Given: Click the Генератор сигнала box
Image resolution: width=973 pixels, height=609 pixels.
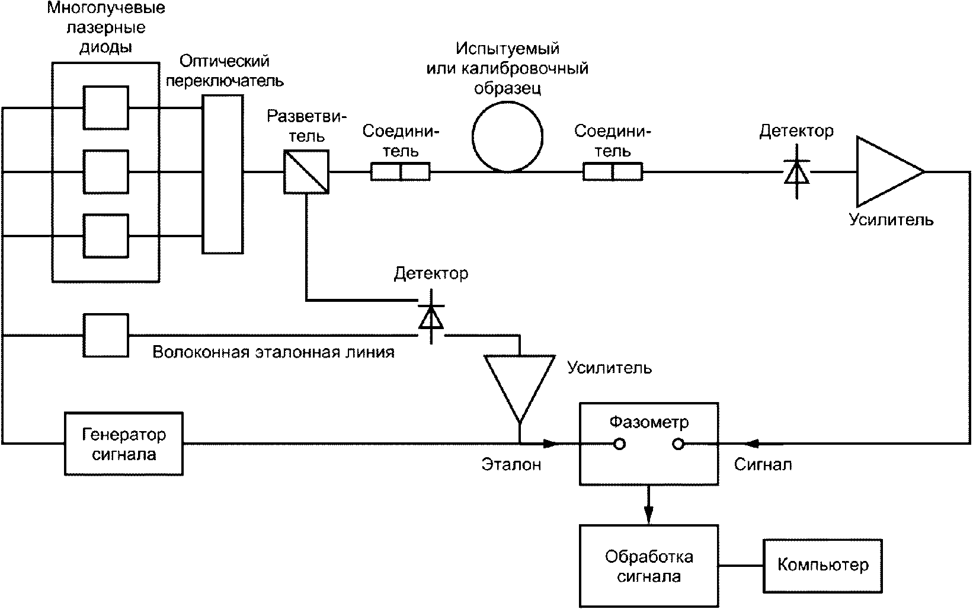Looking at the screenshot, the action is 124,444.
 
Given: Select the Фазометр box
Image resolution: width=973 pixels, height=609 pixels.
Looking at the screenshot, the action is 649,444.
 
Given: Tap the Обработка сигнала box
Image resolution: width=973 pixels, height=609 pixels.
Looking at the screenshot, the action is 649,566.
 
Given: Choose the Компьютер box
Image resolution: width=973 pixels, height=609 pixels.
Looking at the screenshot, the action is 822,566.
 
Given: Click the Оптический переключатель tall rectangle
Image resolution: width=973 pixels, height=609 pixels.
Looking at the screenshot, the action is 223,174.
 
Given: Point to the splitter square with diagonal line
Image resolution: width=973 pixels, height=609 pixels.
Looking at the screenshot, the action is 306,172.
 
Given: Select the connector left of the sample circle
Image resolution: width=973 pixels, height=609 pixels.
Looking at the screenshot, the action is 400,172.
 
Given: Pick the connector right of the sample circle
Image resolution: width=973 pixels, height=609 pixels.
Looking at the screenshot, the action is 613,172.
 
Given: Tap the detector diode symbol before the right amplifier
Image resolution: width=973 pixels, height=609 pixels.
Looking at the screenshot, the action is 796,172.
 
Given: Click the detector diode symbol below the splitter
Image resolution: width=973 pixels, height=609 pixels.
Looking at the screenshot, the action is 431,317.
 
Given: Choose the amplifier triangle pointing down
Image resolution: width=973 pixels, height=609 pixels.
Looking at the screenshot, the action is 520,389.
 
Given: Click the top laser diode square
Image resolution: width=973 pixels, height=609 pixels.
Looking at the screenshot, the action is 106,108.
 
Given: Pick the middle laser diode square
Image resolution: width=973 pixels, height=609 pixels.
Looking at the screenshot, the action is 106,172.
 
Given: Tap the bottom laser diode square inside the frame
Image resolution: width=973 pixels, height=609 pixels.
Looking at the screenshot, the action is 106,235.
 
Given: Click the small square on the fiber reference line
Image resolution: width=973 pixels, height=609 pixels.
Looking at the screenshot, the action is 106,335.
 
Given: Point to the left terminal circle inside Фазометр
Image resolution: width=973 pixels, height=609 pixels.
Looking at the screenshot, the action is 619,444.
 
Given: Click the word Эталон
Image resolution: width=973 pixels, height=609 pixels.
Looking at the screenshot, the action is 511,465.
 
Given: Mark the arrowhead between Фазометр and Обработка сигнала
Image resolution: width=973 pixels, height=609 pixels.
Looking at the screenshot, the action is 648,515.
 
